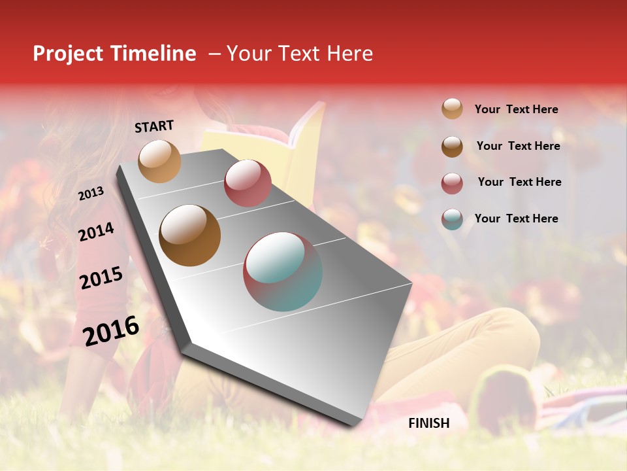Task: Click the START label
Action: pos(154,126)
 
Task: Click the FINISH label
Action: pos(428,423)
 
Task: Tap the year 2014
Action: pos(96,232)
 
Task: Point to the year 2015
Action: pos(101,278)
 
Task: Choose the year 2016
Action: pos(111,330)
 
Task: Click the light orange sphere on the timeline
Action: pos(159,161)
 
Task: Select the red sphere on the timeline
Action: pos(248,183)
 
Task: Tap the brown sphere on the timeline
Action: pos(189,235)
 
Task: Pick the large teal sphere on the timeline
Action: pos(283,271)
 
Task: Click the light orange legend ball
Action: pos(452,109)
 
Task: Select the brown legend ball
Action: pos(452,147)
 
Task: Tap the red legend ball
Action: pos(452,183)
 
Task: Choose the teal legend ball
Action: pos(452,219)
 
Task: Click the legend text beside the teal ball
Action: pos(516,218)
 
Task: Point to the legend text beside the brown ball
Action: pos(518,146)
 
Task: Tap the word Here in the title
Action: pos(349,54)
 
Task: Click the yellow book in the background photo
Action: pos(307,141)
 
